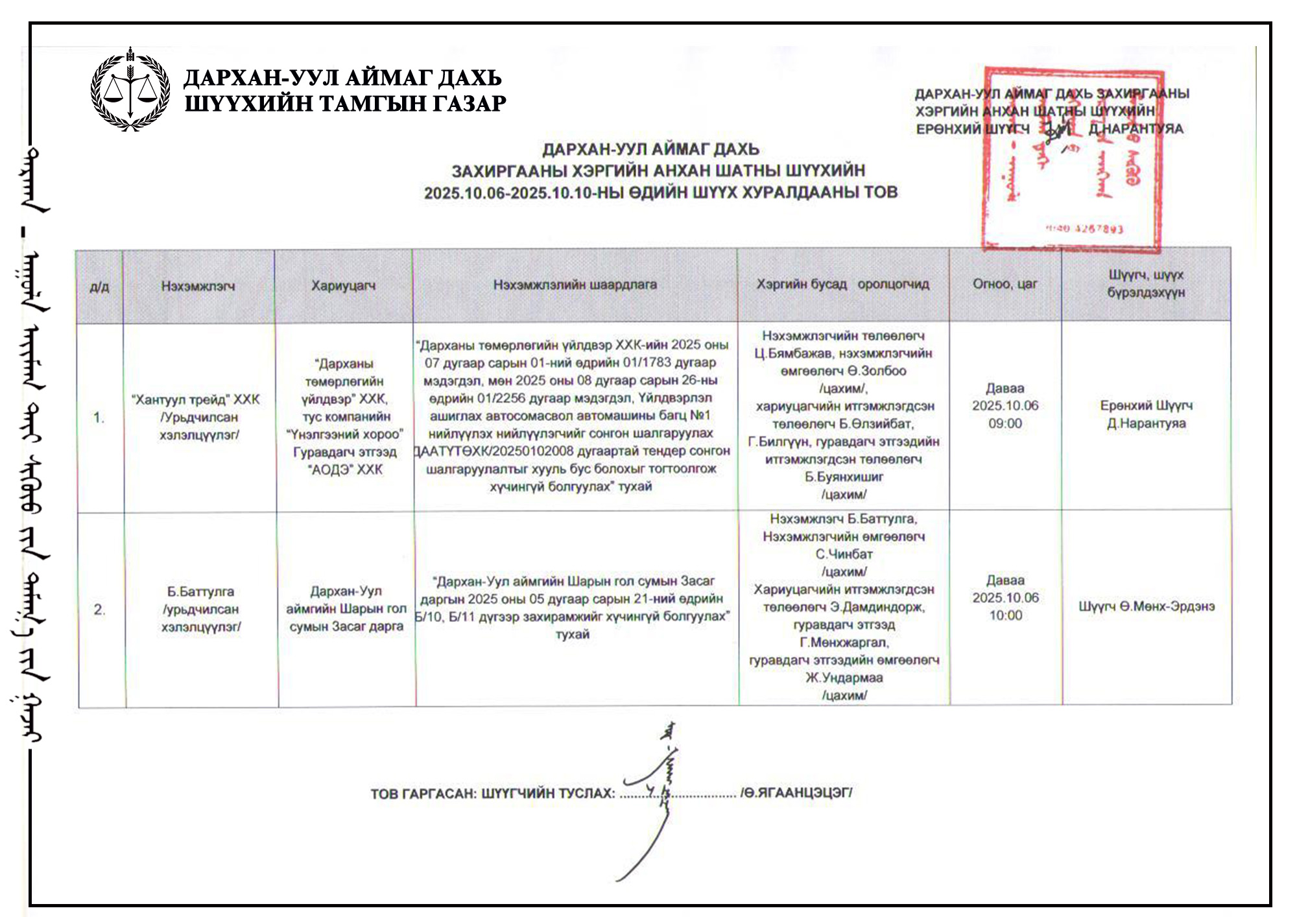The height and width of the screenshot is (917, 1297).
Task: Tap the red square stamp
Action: pos(1073,159)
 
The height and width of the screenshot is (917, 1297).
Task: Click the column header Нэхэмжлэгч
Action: pos(198,286)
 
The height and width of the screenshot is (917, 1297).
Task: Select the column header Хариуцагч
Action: pos(343,285)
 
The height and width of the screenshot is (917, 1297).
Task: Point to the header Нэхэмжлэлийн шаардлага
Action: pos(575,285)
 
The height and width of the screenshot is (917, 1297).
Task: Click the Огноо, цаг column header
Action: pos(1005,283)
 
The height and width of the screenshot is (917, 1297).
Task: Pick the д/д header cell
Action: pos(99,287)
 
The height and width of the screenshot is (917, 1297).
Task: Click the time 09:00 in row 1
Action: pos(1005,423)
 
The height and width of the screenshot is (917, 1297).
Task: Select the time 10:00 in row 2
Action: pos(1005,615)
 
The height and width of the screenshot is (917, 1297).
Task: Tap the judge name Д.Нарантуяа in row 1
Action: pos(1146,423)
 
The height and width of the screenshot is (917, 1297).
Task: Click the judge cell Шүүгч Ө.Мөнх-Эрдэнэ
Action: pos(1146,606)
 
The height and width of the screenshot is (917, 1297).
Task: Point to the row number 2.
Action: pos(99,610)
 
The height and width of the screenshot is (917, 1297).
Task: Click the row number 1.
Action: pos(99,418)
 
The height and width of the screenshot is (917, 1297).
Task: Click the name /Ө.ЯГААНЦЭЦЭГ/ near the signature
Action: pos(796,792)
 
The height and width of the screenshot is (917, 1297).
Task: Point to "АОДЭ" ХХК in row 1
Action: pos(345,470)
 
